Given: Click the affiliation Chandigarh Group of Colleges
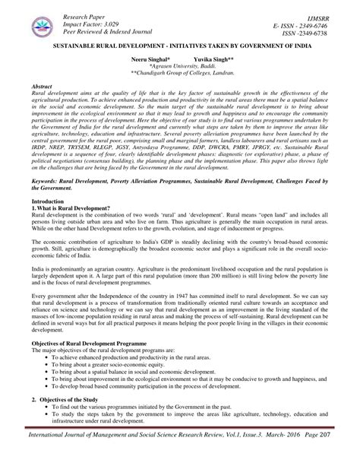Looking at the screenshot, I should pos(183,74).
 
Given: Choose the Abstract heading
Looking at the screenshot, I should pos(38,87).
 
